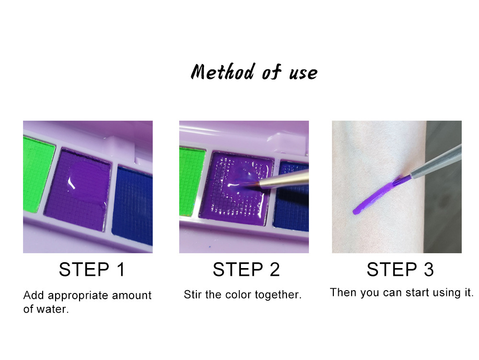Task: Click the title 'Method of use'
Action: point(254,72)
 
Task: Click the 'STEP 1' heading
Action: point(92,270)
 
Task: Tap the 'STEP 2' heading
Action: point(246,270)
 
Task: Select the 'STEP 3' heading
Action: point(400,270)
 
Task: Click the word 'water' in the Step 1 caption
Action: point(53,309)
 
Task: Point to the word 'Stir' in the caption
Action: point(193,294)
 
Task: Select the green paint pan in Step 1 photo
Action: point(37,175)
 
